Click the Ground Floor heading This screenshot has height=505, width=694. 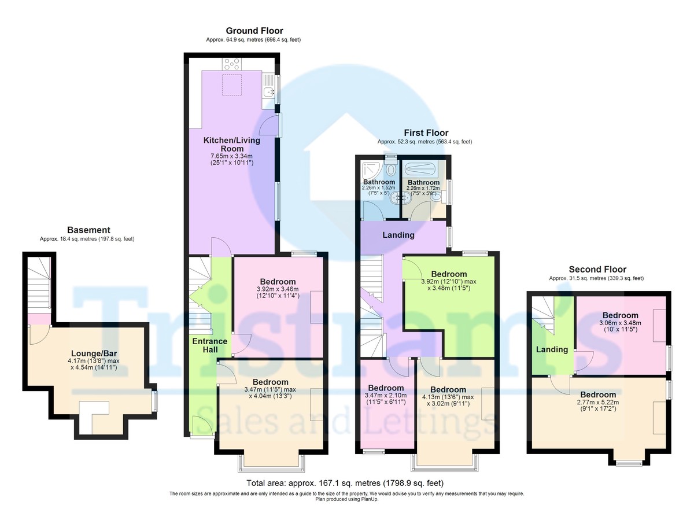254,31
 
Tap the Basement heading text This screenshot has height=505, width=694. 88,230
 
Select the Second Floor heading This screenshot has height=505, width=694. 597,269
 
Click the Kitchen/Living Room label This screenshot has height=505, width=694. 231,145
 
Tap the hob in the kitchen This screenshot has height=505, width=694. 232,64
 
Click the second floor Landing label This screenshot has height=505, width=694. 552,349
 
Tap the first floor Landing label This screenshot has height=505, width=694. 398,235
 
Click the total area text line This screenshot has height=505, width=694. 345,483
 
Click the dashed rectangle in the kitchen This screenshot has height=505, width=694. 232,84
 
